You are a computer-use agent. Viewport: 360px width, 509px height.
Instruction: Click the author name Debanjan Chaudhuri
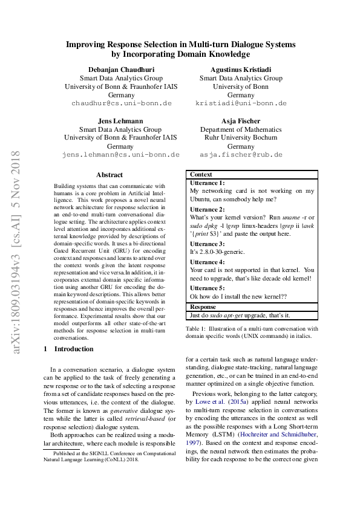(121, 69)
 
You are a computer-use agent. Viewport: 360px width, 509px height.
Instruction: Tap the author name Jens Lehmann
(120, 120)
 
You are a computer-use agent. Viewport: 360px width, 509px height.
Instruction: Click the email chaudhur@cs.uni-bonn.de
(121, 103)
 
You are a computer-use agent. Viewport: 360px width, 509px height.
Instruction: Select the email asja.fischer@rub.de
(241, 155)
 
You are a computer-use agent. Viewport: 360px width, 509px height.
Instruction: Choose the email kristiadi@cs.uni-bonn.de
(241, 103)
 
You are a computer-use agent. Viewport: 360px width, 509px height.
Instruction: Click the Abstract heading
(110, 174)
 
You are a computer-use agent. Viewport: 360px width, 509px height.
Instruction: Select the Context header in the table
(201, 174)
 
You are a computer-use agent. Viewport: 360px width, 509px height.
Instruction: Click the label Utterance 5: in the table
(207, 288)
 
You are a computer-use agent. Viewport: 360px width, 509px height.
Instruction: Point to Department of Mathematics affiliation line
(241, 129)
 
